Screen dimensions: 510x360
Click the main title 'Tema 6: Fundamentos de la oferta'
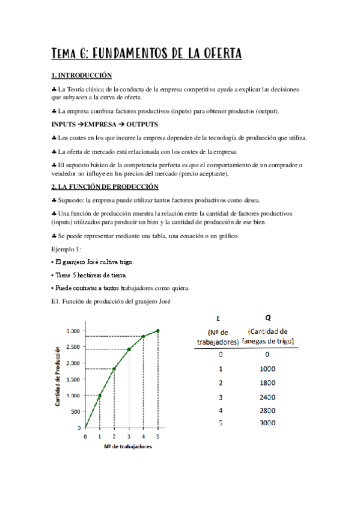coord(147,54)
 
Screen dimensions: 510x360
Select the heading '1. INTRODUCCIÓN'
coord(82,76)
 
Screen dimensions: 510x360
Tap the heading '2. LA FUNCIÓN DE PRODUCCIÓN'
coord(105,186)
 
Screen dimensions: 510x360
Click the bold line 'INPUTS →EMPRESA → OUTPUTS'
coord(105,124)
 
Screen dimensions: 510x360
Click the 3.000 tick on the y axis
coord(73,331)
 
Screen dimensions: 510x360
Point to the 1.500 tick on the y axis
coord(73,379)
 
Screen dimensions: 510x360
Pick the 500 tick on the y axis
coord(75,411)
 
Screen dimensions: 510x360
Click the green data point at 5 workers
coord(157,330)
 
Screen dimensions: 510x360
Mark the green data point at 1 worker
coord(100,395)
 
